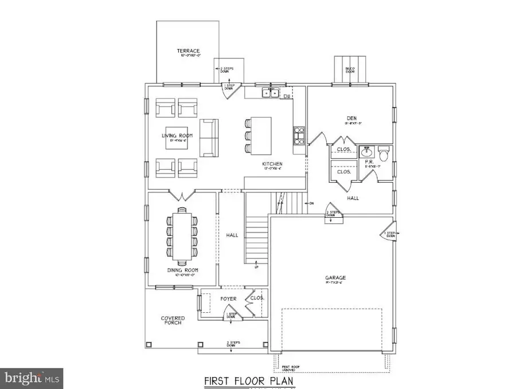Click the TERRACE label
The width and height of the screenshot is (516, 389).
click(187, 52)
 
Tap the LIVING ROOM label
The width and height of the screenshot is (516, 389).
click(177, 136)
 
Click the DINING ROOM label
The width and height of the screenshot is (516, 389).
click(181, 269)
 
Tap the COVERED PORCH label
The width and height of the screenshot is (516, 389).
click(171, 320)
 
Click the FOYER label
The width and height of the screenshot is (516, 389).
click(229, 299)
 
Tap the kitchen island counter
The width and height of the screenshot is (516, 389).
click(260, 135)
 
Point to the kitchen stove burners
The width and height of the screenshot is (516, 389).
click(299, 136)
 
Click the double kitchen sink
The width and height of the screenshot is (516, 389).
click(269, 93)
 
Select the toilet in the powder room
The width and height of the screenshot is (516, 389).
click(383, 154)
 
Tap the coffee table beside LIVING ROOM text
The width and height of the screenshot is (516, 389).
click(177, 136)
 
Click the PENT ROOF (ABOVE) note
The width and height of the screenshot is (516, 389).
click(287, 366)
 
